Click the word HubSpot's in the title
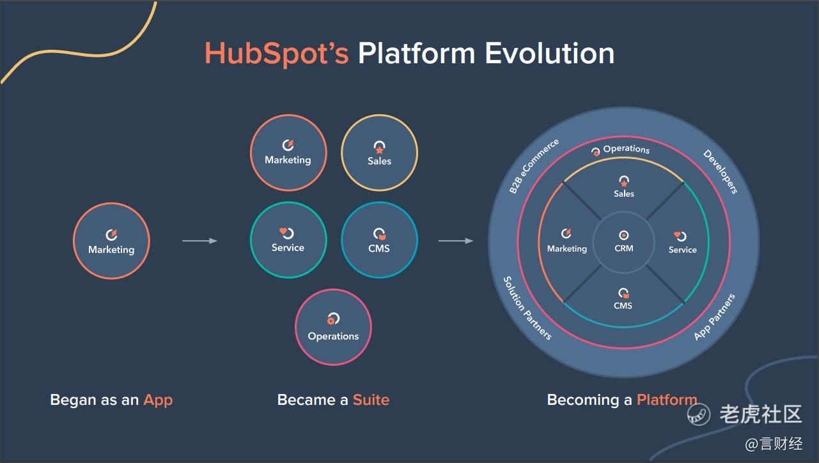[x=276, y=53]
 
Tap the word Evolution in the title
[x=549, y=53]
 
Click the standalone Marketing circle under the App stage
[x=111, y=241]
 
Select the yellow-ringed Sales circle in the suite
[x=380, y=153]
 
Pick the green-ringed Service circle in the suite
[x=288, y=240]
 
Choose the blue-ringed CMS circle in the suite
[x=380, y=240]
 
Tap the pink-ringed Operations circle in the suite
[x=334, y=327]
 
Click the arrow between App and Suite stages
[x=199, y=241]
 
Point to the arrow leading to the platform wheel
[x=456, y=241]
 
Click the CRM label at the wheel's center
[x=624, y=248]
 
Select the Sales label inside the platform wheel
[x=624, y=194]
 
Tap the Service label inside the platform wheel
[x=683, y=250]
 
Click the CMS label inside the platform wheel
[x=623, y=306]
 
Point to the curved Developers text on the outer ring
[x=721, y=171]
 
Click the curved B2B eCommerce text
[x=533, y=166]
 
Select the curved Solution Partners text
[x=527, y=308]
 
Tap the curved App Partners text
[x=715, y=317]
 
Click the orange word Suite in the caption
[x=371, y=400]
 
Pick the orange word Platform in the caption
[x=667, y=400]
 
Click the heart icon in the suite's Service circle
[x=283, y=231]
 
